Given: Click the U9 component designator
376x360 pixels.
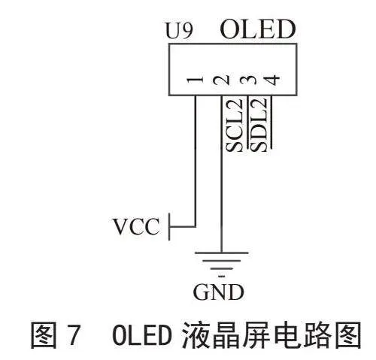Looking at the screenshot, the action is (x=180, y=31).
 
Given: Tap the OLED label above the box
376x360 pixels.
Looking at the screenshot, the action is (x=258, y=29).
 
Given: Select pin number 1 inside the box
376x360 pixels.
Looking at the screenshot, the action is (x=195, y=80).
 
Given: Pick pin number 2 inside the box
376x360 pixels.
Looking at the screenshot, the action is (x=221, y=80).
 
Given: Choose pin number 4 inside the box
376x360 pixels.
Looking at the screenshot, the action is (x=272, y=80).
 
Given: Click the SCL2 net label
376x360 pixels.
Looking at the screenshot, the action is (x=235, y=125).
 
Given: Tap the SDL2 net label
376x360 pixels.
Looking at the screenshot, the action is (x=258, y=125).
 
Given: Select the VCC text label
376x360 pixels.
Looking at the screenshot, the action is (x=137, y=226).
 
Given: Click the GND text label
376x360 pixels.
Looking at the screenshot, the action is (x=219, y=292).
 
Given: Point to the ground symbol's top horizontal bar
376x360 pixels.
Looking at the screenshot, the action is (x=222, y=253).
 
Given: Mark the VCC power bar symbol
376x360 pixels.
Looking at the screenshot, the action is (x=169, y=227).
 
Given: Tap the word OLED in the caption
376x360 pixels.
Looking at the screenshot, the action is (x=142, y=334).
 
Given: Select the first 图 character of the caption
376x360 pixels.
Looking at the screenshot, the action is (x=44, y=335).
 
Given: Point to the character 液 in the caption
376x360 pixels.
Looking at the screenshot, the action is (x=195, y=335).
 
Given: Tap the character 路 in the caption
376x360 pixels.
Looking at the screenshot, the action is (x=317, y=335).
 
